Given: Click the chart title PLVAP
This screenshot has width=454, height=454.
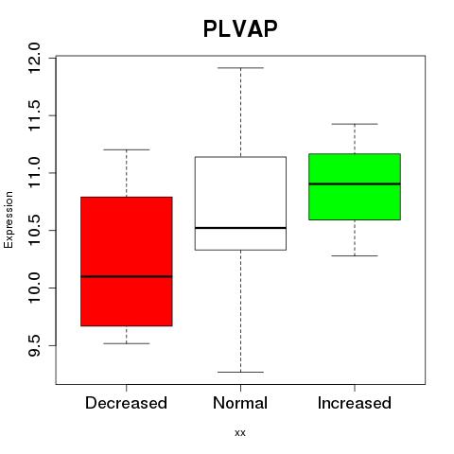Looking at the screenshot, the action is [240, 28].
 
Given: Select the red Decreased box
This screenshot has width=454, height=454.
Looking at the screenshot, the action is [127, 261].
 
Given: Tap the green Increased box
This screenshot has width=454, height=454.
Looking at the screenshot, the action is [355, 186].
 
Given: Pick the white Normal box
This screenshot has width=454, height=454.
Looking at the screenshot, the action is [240, 203].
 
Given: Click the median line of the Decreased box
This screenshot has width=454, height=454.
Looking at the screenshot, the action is [127, 276].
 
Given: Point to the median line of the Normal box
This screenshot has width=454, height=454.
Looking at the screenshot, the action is [240, 228].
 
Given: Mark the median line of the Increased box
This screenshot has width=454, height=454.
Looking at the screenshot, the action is [355, 183].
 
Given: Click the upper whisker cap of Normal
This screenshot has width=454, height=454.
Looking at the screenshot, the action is [240, 68].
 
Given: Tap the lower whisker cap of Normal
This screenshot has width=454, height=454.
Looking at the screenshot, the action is [240, 372].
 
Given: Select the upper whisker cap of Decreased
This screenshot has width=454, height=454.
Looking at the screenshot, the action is [127, 149].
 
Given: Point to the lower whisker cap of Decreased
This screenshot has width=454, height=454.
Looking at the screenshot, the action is [127, 343].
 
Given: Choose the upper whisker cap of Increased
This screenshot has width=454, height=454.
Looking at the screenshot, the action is [355, 124].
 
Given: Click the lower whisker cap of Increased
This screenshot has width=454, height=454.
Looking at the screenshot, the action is [355, 255].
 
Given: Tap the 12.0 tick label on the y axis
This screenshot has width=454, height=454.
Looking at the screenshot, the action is [34, 59].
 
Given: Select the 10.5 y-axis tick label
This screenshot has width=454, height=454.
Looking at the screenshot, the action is [34, 231].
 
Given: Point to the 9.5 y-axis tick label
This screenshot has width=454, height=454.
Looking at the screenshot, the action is [34, 345].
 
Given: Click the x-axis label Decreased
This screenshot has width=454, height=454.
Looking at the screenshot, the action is [126, 403].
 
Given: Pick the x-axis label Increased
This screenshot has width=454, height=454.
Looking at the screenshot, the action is [355, 403].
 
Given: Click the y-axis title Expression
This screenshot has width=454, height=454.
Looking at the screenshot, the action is [9, 219].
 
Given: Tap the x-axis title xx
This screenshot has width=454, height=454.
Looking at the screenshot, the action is [240, 433].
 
